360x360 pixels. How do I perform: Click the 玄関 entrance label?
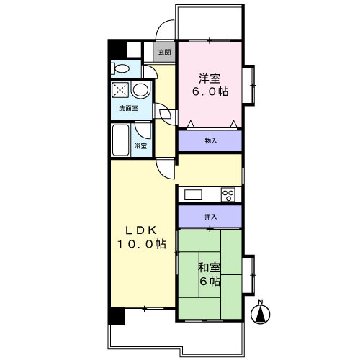165,53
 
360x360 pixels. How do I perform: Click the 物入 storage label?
210,142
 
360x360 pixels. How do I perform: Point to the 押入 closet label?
210,217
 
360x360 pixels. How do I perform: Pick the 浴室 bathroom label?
140,146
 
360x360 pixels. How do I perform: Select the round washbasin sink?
141,91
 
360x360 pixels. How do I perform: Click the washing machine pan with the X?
120,91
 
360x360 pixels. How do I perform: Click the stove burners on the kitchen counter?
229,194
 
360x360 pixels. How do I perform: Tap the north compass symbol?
260,312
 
